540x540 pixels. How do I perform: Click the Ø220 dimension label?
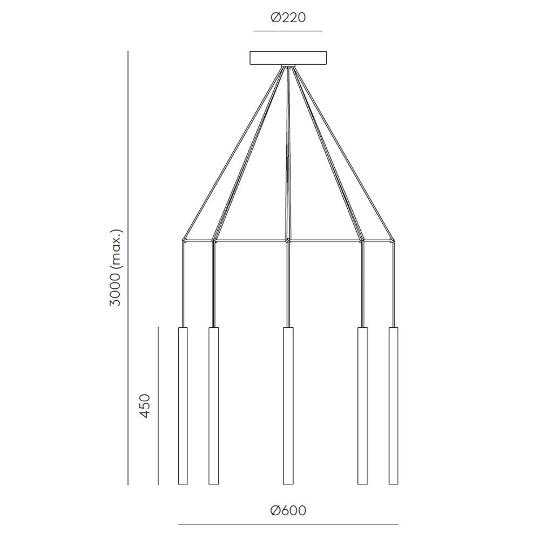coord(288,17)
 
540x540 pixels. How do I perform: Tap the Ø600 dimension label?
coord(288,510)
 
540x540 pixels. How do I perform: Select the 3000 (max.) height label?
coord(116,267)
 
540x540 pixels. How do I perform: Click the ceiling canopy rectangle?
coord(288,58)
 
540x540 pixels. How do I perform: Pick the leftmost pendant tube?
coord(183,406)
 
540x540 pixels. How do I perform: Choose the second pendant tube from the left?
coord(213,406)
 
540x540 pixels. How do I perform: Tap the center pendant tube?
coord(288,406)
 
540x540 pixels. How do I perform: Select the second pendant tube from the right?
coord(362,406)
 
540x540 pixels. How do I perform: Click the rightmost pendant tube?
coord(393,406)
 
